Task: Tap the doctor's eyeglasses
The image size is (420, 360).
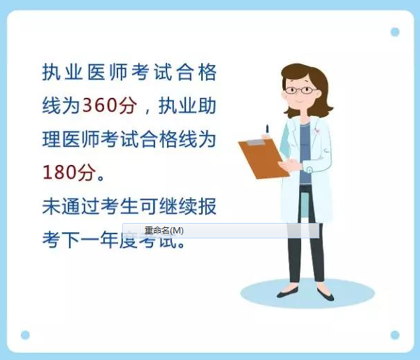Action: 300,90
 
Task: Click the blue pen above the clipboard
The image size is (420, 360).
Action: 267,130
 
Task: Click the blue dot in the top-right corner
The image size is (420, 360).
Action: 395,32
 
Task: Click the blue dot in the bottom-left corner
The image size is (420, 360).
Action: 25,335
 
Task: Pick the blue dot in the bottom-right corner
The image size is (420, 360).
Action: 395,335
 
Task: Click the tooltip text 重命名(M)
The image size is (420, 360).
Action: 164,230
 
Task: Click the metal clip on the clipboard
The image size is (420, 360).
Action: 256,143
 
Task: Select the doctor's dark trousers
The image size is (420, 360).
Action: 306,238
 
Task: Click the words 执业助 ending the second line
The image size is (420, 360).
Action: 187,106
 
